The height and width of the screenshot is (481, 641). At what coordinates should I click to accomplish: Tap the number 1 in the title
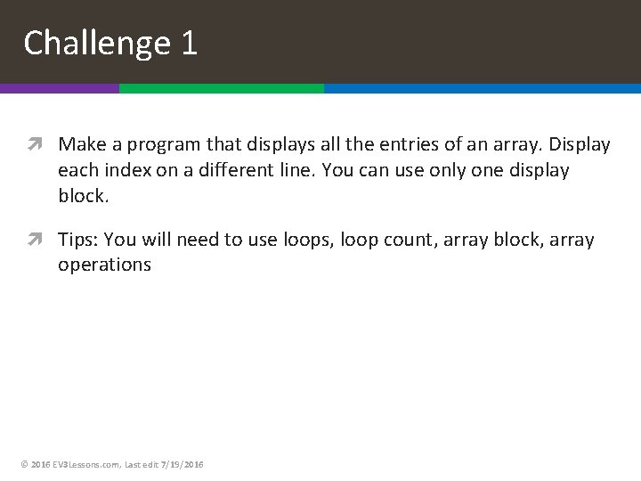[x=188, y=43]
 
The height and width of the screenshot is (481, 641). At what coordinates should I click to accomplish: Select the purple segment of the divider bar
[x=59, y=89]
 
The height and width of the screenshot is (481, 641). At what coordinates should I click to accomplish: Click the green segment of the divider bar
[x=221, y=89]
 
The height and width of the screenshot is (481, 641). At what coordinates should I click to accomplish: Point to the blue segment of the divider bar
[x=482, y=89]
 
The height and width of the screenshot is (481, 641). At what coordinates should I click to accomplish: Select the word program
[x=145, y=144]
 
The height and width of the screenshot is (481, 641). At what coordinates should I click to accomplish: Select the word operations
[x=105, y=265]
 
